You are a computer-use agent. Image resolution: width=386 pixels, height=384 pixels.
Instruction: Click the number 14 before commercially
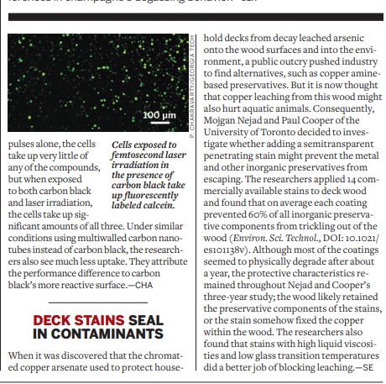(339, 180)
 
